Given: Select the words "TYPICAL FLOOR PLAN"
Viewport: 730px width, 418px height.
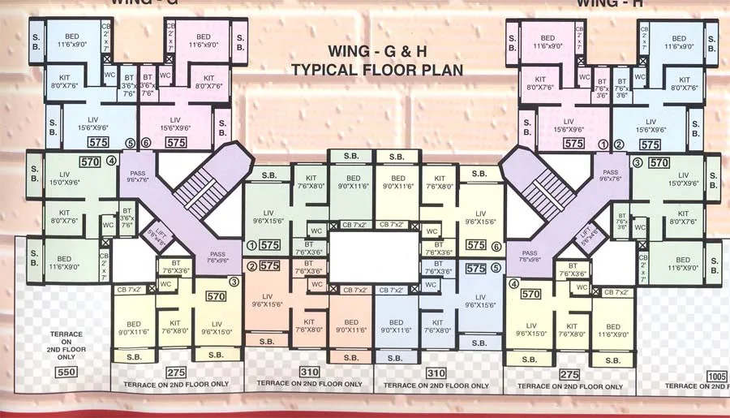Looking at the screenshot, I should click(376, 70).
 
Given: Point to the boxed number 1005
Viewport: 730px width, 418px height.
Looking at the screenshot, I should click(716, 377).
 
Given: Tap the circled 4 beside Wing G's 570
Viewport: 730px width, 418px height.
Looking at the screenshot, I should click(110, 161).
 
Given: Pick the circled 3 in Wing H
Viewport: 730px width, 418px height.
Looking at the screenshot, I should click(637, 162).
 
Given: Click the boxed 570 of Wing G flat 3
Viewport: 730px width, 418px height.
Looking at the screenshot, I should click(216, 297).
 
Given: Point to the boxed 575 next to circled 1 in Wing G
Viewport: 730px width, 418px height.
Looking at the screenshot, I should click(270, 244).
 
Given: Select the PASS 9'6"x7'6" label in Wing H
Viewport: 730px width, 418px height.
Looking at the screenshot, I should click(610, 176).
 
